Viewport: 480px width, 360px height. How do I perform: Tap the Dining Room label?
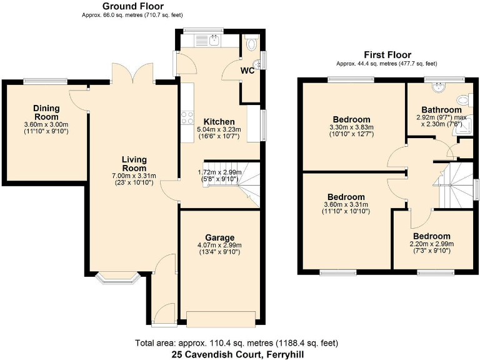(x=46, y=112)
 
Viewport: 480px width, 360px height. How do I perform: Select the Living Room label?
(x=134, y=164)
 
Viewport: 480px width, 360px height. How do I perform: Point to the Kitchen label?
(x=219, y=121)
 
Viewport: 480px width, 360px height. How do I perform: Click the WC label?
(x=249, y=69)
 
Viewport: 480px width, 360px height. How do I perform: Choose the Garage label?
(x=219, y=237)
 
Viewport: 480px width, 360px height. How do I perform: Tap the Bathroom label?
(x=441, y=109)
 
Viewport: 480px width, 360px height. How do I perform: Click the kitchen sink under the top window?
(x=206, y=41)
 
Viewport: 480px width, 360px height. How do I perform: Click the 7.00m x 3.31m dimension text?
(x=134, y=176)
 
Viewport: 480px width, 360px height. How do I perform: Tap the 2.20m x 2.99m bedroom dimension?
(x=431, y=244)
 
